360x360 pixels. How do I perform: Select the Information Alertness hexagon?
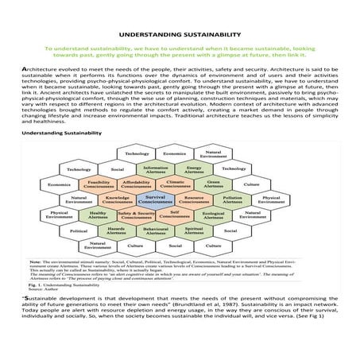[x=156, y=168]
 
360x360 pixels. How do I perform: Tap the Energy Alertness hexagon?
[x=194, y=168]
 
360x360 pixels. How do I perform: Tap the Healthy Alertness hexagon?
[x=99, y=214]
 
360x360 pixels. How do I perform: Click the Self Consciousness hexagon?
[x=175, y=214]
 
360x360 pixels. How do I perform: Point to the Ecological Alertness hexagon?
[x=212, y=214]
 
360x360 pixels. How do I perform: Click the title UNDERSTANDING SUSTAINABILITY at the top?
[x=180, y=35]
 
